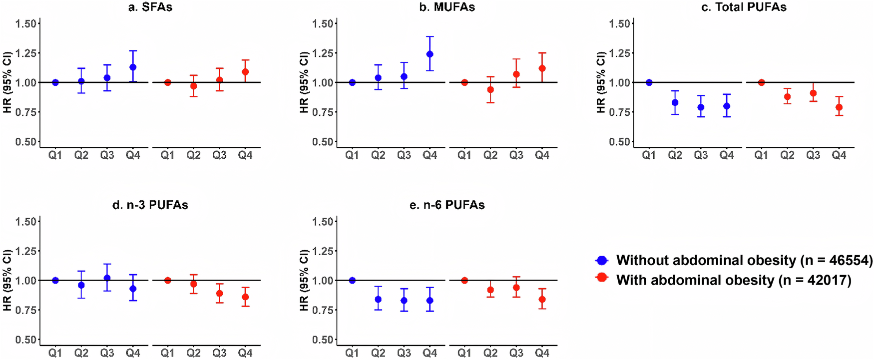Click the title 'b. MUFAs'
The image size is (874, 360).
[447, 7]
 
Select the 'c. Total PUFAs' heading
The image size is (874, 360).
[744, 7]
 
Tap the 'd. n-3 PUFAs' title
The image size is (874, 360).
[150, 205]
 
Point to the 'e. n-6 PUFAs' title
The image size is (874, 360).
[447, 205]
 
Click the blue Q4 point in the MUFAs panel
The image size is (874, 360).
[430, 54]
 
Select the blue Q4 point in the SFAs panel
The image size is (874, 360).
[133, 67]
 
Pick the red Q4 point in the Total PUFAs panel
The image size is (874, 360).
[839, 107]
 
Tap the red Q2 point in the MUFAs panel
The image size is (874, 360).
[490, 90]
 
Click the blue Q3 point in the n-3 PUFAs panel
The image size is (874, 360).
[107, 278]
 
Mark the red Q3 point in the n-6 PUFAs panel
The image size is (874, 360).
[516, 288]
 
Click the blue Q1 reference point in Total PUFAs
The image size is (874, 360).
[649, 82]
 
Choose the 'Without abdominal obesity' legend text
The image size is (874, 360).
[744, 260]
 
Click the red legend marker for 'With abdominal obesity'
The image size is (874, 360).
[602, 277]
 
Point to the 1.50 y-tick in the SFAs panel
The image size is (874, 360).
[25, 23]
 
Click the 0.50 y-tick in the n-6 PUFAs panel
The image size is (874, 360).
[322, 340]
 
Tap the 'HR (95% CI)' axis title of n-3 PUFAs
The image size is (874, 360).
[7, 280]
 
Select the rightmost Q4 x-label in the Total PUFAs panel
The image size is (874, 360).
[839, 155]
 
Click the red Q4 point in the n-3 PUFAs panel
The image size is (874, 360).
[245, 297]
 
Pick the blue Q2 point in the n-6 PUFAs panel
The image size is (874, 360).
[378, 300]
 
